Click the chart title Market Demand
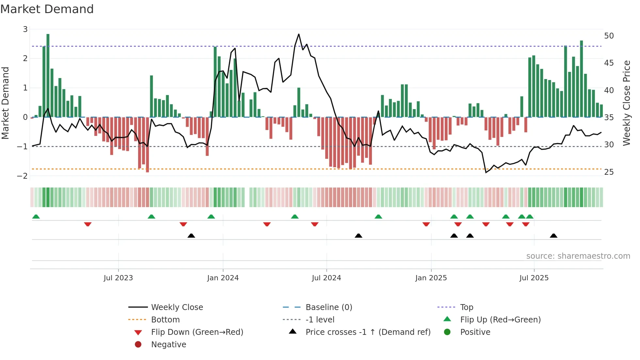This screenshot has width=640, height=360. point(47,9)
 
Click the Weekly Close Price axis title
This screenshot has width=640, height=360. point(626,103)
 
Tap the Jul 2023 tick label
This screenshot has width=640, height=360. point(118,278)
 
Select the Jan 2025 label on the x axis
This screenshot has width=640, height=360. point(431,278)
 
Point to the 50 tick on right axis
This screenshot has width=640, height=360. point(609,36)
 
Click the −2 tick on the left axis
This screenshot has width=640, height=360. point(22,176)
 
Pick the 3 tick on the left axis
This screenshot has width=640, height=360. point(25,29)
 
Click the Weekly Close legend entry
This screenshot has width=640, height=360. point(177,307)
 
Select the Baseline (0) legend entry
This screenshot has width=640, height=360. point(328,307)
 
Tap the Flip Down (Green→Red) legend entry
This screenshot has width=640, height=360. point(197,332)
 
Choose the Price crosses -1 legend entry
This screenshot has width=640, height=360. point(368,332)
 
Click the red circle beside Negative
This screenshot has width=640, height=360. point(138,345)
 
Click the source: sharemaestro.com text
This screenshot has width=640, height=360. point(578,256)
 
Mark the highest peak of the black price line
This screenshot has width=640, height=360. point(298,34)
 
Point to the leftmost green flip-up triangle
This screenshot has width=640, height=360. point(36,217)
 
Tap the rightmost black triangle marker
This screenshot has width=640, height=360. point(553,236)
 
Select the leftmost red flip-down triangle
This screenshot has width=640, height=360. point(88,224)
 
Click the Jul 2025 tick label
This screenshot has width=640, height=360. point(534,278)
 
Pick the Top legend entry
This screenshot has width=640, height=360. point(466,307)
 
